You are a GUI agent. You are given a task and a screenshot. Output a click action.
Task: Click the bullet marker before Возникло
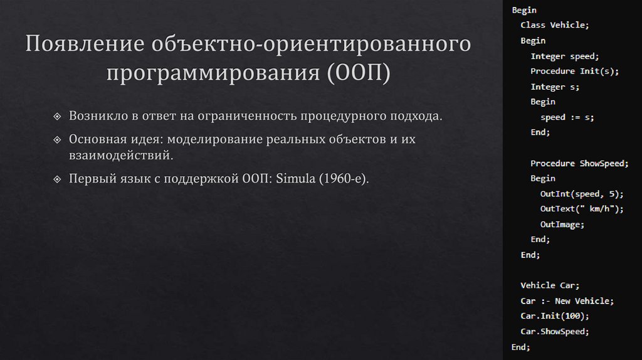click(x=58, y=117)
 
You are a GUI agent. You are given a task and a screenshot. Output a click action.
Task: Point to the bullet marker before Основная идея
click(x=58, y=139)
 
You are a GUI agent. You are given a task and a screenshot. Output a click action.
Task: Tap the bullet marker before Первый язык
click(x=58, y=179)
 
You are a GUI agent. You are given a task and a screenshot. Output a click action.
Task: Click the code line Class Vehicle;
click(x=555, y=25)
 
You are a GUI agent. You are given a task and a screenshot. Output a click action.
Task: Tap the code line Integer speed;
click(x=565, y=56)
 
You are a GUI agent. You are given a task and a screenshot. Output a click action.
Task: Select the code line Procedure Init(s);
click(x=574, y=71)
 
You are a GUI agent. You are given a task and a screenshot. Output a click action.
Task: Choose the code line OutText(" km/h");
click(x=582, y=209)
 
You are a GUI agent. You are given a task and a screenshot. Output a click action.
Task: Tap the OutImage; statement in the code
click(x=562, y=225)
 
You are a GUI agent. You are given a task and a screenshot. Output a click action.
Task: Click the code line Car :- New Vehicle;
click(x=567, y=301)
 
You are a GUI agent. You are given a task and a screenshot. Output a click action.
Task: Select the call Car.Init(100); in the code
click(x=555, y=316)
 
